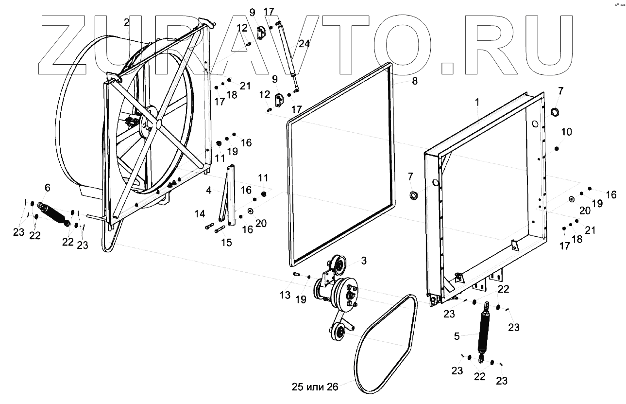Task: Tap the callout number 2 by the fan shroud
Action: tap(126, 22)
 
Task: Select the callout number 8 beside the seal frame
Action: tap(414, 81)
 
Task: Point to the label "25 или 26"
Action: tap(315, 387)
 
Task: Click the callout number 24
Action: tap(304, 44)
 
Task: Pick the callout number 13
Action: tap(285, 295)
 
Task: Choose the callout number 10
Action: tap(567, 132)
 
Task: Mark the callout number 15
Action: tap(227, 242)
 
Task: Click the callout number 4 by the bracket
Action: tap(208, 191)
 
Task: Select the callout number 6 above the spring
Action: tap(47, 188)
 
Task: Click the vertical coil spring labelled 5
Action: tap(484, 330)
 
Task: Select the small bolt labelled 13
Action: tap(296, 275)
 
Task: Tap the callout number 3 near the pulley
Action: tap(363, 261)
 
